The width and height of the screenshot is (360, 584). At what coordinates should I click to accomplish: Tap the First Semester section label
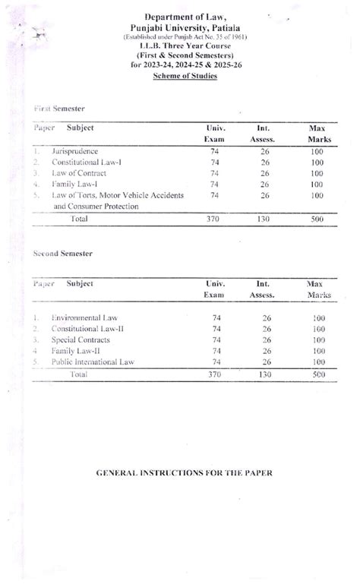click(58, 109)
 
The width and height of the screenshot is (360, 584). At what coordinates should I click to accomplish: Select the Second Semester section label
click(62, 252)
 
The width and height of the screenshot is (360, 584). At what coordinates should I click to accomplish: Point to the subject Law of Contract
click(80, 173)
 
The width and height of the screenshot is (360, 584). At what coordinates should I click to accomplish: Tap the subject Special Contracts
click(80, 339)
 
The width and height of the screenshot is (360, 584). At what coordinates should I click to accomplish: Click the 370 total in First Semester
click(213, 219)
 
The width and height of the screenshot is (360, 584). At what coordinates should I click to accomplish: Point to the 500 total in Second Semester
click(318, 374)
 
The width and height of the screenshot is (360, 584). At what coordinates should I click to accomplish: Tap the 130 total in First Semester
click(264, 219)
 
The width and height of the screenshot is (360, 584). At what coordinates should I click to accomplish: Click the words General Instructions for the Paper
click(183, 472)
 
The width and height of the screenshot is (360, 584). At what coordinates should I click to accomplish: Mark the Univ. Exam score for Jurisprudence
click(214, 152)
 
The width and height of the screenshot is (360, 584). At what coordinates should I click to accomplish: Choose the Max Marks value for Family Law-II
click(318, 351)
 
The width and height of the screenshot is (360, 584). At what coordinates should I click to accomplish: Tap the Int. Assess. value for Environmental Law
click(266, 317)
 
